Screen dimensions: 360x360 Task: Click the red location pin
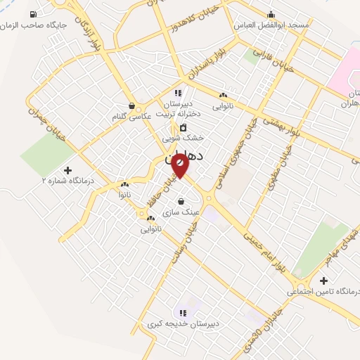180,166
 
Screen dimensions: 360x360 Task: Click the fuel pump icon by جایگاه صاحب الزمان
33,14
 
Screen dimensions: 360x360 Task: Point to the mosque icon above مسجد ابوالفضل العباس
271,14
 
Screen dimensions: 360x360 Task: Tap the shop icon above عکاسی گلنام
130,105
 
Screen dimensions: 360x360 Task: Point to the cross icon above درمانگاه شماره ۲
67,170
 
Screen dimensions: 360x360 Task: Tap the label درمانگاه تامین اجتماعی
323,291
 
